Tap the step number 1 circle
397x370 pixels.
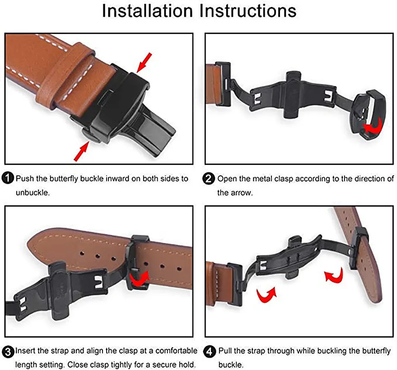click(9, 178)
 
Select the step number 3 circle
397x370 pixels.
click(9, 351)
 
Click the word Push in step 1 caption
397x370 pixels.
click(24, 178)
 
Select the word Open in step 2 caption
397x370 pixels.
click(226, 178)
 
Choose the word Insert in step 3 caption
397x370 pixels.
click(25, 351)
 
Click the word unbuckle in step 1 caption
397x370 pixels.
click(32, 192)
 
